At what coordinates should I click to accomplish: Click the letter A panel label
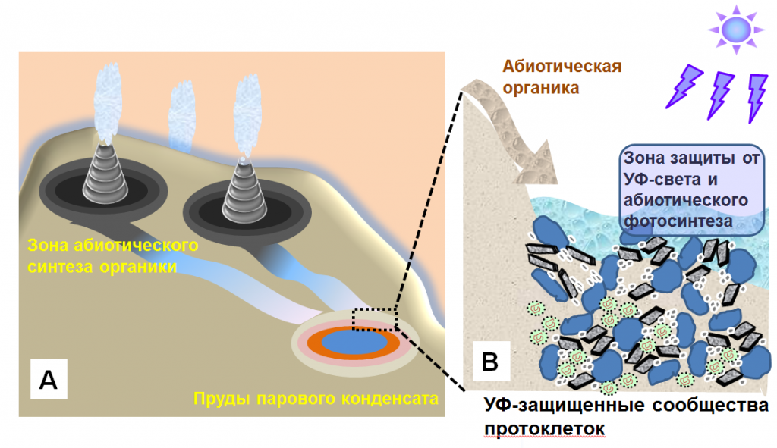coord(48,380)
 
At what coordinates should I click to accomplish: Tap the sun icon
coord(734,29)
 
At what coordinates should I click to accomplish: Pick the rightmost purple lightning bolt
coord(757,96)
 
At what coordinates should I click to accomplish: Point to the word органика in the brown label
coord(541,87)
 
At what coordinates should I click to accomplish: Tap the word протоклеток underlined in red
coord(544,429)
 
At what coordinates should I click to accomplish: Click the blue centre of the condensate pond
coord(353,343)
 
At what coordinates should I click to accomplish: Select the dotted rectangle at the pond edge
coord(375,319)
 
